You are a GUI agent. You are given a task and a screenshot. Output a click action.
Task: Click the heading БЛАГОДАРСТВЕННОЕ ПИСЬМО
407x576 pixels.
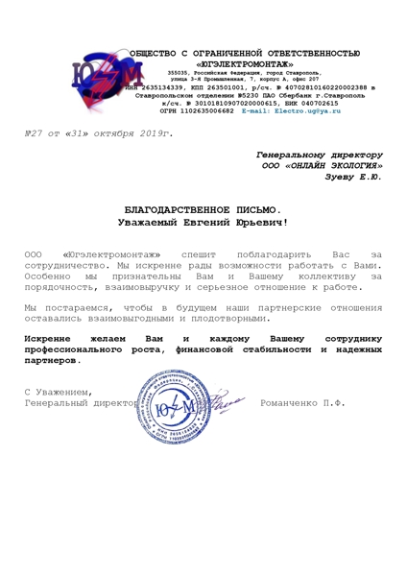[x=202, y=208]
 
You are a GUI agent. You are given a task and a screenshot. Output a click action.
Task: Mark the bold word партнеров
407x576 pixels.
[x=59, y=363]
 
